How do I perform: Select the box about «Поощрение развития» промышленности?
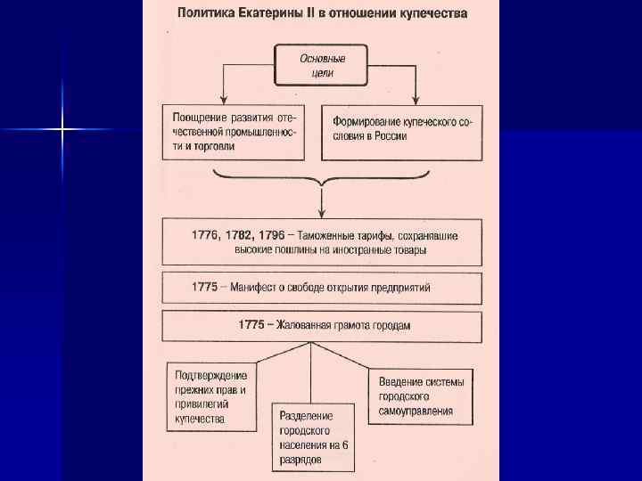(233, 133)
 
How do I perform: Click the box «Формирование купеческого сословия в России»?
(401, 133)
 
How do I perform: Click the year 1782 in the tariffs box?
(240, 235)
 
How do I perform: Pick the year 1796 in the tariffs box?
(270, 235)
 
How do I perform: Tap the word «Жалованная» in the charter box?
(309, 325)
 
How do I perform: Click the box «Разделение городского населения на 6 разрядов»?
(312, 437)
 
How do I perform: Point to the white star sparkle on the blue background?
(62, 130)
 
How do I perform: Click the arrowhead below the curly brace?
(321, 212)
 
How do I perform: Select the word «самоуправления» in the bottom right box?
(416, 411)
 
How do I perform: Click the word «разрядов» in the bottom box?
(302, 460)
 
